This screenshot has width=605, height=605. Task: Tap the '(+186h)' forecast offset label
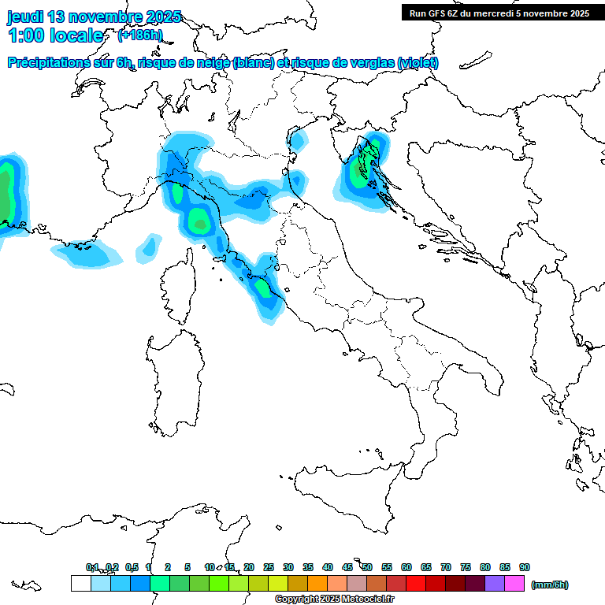pyautogui.click(x=139, y=35)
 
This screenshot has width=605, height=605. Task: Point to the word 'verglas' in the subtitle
pyautogui.click(x=369, y=63)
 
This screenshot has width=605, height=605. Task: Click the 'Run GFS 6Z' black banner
pyautogui.click(x=499, y=13)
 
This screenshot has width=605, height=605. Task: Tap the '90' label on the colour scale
pyautogui.click(x=525, y=567)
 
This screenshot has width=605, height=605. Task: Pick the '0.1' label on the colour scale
pyautogui.click(x=92, y=567)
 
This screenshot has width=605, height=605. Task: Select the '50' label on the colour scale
pyautogui.click(x=367, y=567)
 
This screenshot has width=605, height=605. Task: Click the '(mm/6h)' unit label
pyautogui.click(x=550, y=585)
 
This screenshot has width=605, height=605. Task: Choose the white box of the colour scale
pyautogui.click(x=80, y=584)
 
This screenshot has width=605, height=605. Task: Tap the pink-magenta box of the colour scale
pyautogui.click(x=514, y=584)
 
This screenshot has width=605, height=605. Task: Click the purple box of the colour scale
pyautogui.click(x=495, y=584)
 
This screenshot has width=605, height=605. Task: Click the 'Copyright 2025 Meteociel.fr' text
pyautogui.click(x=334, y=599)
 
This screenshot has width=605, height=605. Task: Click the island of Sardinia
pyautogui.click(x=175, y=378)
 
